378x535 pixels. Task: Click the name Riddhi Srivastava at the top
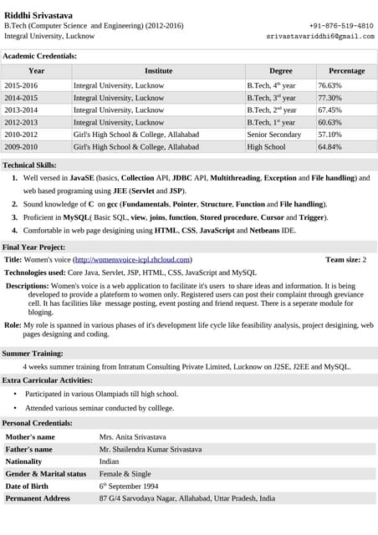[x=39, y=14]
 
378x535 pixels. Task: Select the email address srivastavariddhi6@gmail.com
[x=320, y=37]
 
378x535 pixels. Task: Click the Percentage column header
[x=346, y=71]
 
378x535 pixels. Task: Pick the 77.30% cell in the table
[x=329, y=98]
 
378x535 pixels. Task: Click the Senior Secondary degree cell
[x=273, y=135]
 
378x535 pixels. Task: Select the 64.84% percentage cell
[x=329, y=146]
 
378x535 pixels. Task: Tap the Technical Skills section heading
[x=30, y=166]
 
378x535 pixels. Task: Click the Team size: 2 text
[x=345, y=260]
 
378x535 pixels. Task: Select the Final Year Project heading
[x=33, y=247]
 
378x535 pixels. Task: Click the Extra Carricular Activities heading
[x=47, y=380]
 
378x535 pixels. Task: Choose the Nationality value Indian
[x=109, y=461]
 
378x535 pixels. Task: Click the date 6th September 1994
[x=129, y=486]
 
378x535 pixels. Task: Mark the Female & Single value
[x=125, y=473]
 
